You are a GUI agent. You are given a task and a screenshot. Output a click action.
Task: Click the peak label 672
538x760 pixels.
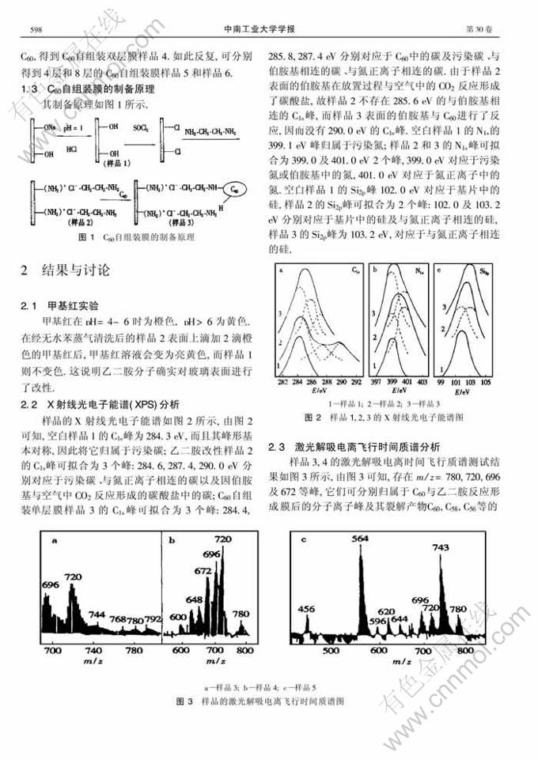point(203,569)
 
